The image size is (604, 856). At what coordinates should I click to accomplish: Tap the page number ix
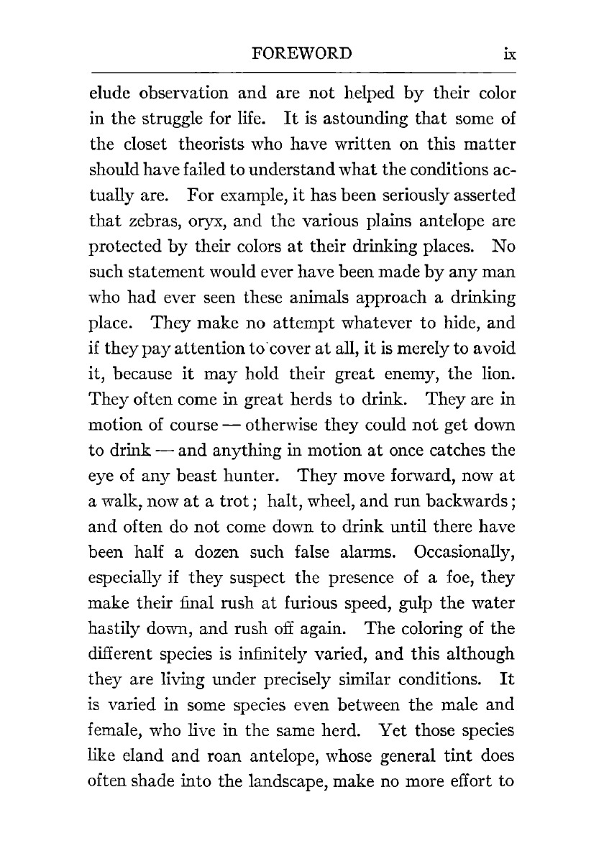(x=511, y=54)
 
